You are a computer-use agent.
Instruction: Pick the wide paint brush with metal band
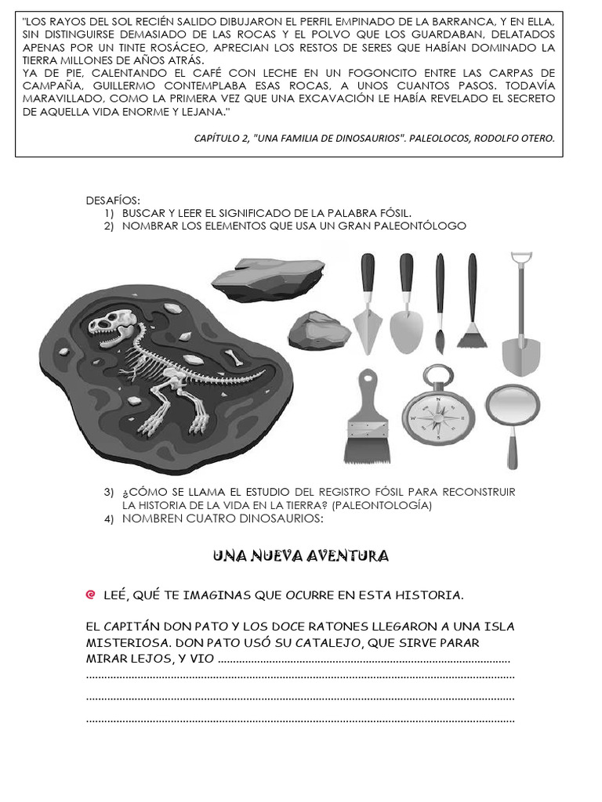366,419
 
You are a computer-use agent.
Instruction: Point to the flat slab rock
269,273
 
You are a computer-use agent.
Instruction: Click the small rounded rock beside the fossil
317,331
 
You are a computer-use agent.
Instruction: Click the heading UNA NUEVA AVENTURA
301,556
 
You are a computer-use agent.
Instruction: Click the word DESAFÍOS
112,200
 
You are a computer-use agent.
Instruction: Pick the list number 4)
109,518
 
